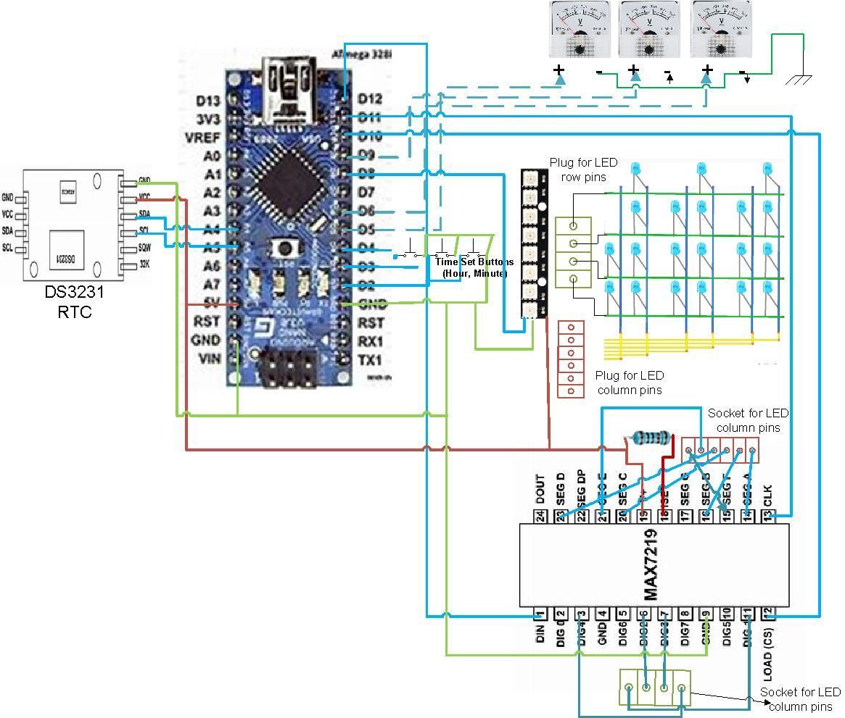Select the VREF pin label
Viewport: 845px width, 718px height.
(x=205, y=138)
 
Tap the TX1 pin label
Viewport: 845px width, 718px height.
(x=370, y=360)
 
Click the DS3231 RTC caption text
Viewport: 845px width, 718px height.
(x=75, y=303)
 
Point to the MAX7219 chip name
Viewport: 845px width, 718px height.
(x=651, y=565)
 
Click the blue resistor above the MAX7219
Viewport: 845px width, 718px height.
(x=651, y=438)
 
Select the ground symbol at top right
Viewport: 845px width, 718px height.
(x=799, y=78)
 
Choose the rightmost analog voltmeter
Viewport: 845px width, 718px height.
(x=722, y=30)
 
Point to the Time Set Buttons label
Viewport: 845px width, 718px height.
(x=474, y=267)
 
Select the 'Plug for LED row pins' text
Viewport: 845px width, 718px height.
(x=577, y=169)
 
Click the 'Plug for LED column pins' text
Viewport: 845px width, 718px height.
(x=629, y=383)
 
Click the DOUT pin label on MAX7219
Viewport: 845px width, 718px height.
(x=540, y=490)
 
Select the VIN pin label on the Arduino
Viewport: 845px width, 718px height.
(x=206, y=359)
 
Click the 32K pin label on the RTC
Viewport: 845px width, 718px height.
(x=145, y=264)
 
